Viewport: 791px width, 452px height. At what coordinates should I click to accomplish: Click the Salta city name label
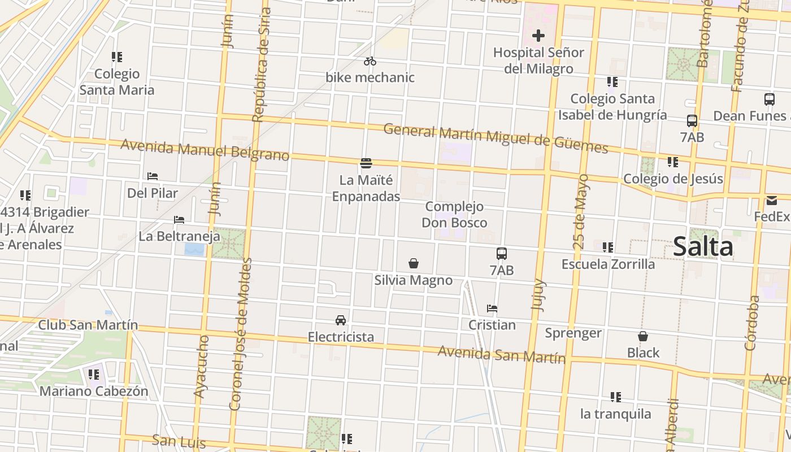[x=703, y=247]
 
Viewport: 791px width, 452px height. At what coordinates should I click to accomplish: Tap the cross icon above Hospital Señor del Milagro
[x=538, y=36]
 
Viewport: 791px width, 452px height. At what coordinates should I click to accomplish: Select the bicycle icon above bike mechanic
[x=370, y=61]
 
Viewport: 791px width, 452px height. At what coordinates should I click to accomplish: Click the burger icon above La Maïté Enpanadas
[x=366, y=164]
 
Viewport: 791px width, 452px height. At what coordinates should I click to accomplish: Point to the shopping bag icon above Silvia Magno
[x=414, y=263]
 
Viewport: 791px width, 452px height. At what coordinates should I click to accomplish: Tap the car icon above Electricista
[x=341, y=320]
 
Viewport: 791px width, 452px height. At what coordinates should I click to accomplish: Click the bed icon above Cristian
[x=492, y=308]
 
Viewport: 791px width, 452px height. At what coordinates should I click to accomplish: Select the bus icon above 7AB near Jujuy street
[x=502, y=254]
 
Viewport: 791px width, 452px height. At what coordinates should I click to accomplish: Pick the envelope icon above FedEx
[x=772, y=201]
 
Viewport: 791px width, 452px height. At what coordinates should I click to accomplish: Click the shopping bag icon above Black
[x=643, y=336]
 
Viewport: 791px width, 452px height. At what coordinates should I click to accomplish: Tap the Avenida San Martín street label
[x=502, y=354]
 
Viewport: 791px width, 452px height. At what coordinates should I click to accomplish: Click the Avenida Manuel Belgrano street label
[x=205, y=150]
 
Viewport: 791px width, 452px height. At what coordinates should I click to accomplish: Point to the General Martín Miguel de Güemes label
[x=496, y=138]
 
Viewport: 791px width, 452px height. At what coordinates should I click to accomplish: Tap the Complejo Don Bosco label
[x=454, y=214]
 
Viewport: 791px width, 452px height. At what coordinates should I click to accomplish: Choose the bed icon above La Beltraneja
[x=179, y=219]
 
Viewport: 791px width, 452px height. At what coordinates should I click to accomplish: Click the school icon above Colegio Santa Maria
[x=117, y=57]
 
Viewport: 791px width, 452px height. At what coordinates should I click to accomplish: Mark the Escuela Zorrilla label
[x=608, y=264]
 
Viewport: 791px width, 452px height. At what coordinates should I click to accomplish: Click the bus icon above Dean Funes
[x=769, y=99]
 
